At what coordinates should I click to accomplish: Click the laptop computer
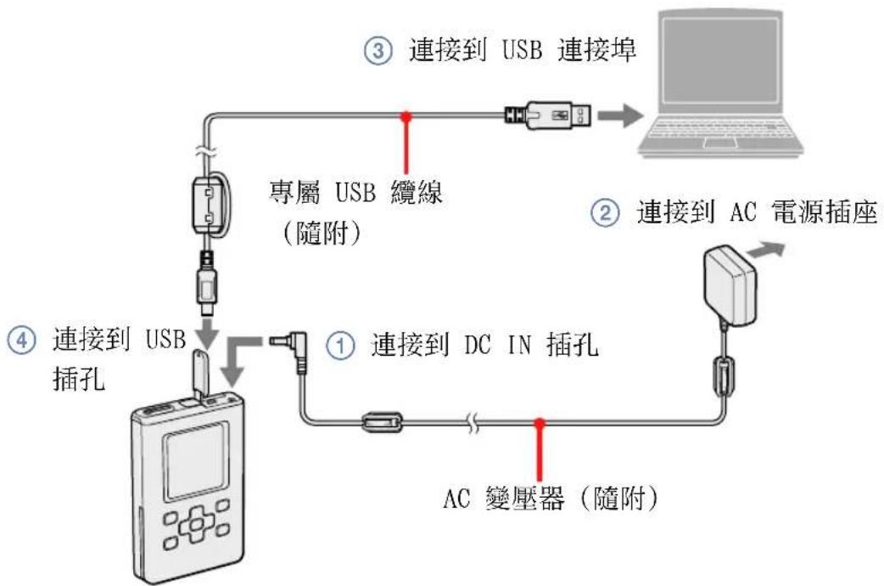tap(720, 85)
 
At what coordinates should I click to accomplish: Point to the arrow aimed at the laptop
tap(618, 113)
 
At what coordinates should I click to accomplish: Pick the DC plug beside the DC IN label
tap(289, 347)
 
